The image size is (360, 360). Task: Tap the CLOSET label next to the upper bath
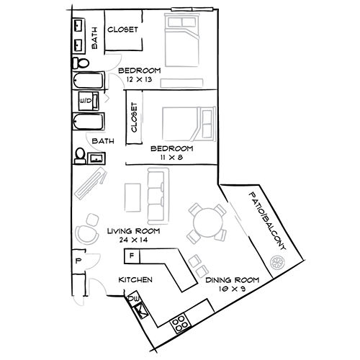[x=124, y=30]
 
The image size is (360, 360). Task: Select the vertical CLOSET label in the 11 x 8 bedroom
[x=134, y=117]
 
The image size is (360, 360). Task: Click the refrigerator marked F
[x=132, y=256]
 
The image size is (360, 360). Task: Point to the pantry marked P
[x=77, y=260]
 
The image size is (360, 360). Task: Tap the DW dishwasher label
[x=132, y=297]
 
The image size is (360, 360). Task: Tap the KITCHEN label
[x=135, y=280]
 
